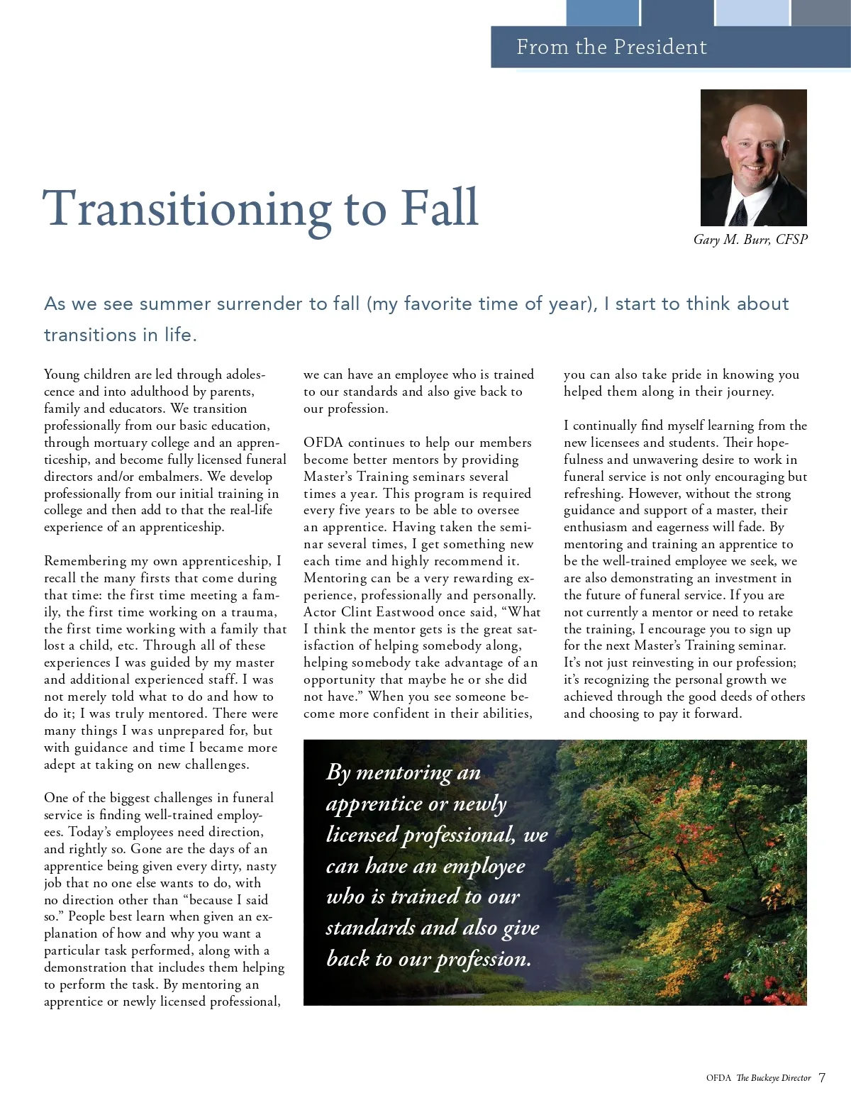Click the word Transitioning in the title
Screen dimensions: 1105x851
click(187, 209)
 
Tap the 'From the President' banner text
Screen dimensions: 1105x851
click(611, 47)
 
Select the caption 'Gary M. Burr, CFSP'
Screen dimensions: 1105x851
click(750, 240)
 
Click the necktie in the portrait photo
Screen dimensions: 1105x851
click(739, 213)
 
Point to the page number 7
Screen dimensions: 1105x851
click(822, 1077)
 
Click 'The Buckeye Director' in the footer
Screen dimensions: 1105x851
click(773, 1078)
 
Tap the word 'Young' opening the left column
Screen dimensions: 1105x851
click(61, 374)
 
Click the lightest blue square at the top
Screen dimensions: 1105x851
click(752, 13)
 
